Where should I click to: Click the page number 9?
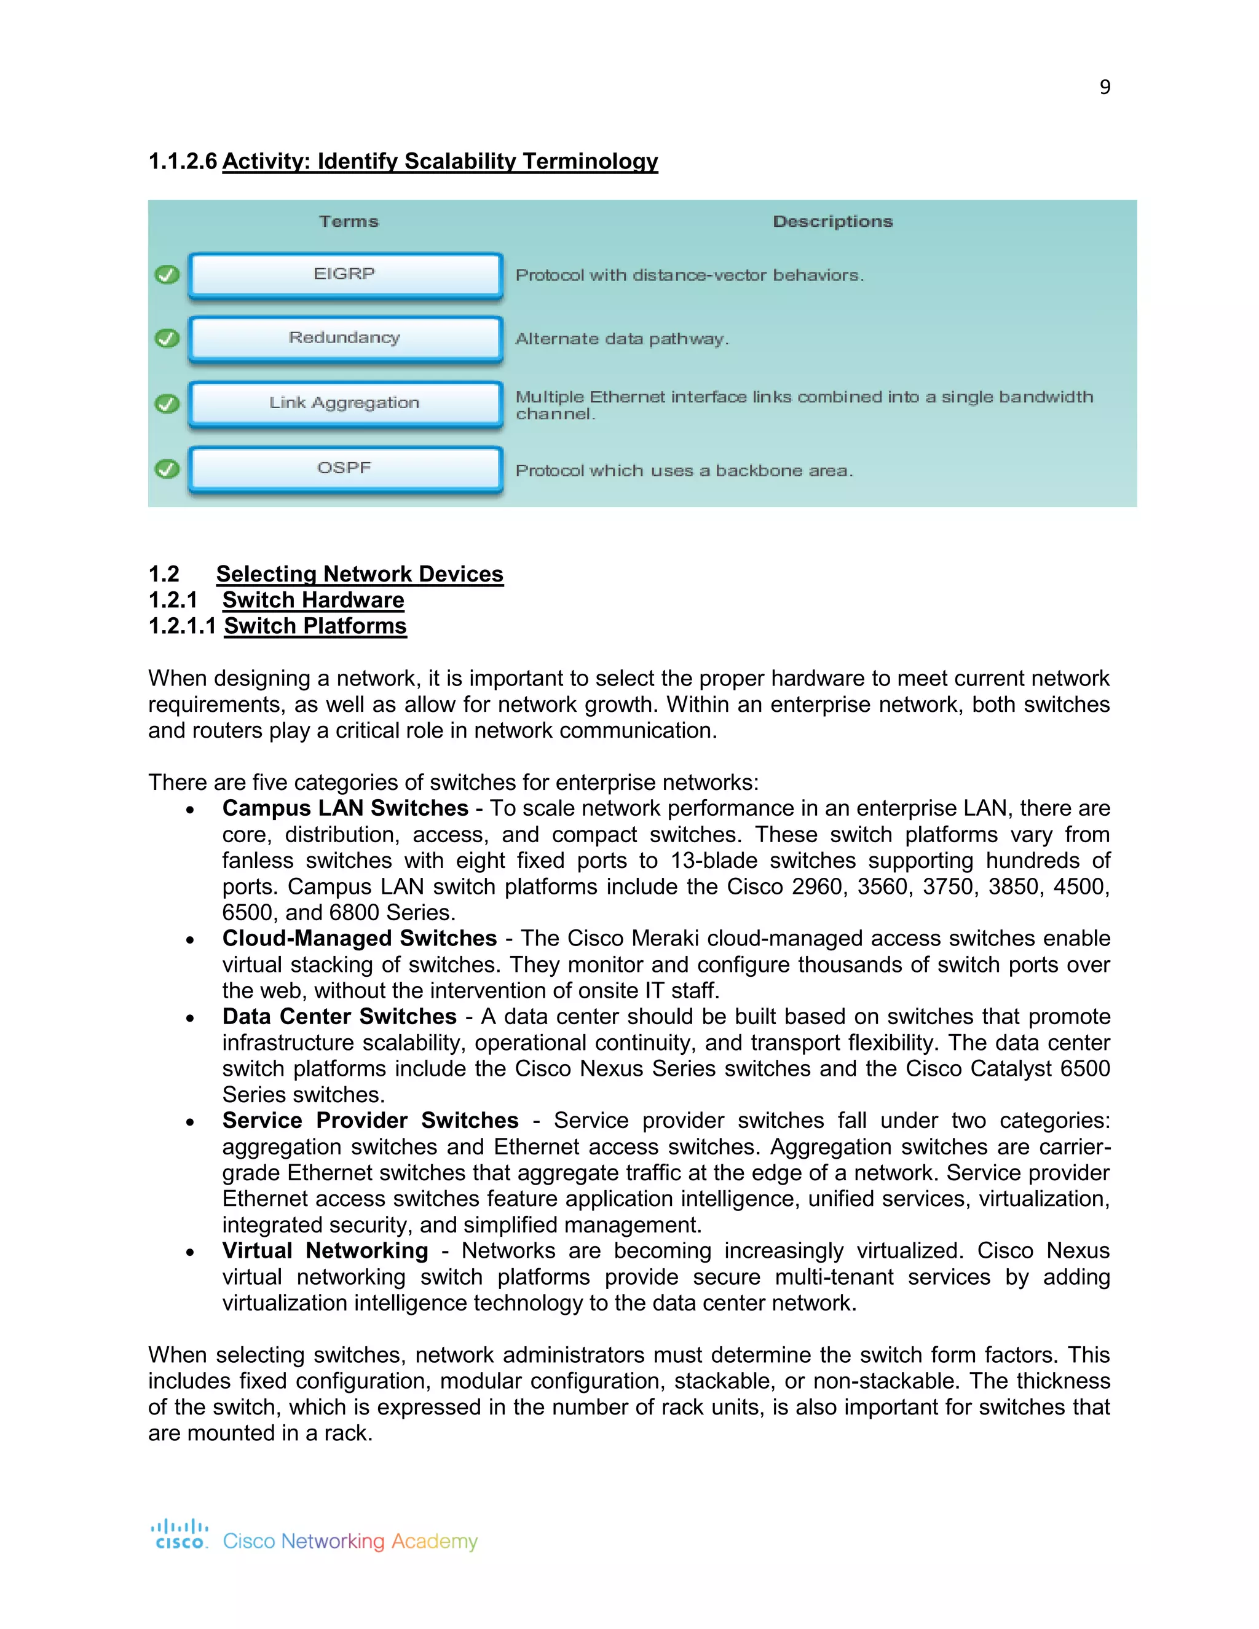(1105, 87)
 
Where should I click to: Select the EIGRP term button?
(345, 275)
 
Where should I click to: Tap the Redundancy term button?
(345, 339)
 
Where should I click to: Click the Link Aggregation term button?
(345, 403)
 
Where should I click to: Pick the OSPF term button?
(345, 468)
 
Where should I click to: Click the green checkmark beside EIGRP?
(167, 275)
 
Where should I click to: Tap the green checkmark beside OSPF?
(167, 469)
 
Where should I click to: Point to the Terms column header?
(349, 221)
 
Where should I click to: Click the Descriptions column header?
(832, 221)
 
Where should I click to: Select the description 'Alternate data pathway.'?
(622, 339)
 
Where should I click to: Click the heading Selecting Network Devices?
(360, 574)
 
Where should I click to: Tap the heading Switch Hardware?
(314, 600)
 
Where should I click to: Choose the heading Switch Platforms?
(315, 626)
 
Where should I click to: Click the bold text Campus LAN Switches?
(345, 808)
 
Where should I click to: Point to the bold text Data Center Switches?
(339, 1017)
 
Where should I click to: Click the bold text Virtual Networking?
(325, 1251)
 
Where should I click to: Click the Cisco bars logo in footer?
(180, 1534)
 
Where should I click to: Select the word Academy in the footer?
(434, 1541)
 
